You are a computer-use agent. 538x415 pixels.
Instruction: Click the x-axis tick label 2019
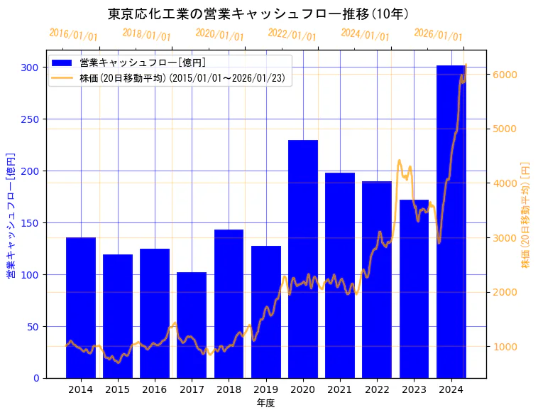pos(265,389)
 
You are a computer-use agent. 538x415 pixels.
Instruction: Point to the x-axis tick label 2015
pos(118,389)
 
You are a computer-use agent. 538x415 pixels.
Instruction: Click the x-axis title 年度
pos(265,403)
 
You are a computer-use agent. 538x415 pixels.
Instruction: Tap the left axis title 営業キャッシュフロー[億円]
pos(11,215)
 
